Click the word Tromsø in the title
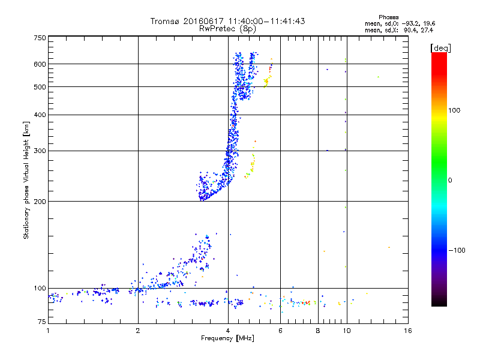[164, 21]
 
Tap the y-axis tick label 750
[40, 38]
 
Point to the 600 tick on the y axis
[40, 64]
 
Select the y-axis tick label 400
[40, 115]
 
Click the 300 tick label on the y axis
[40, 151]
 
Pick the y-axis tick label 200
[40, 202]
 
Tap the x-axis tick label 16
[408, 331]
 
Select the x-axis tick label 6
[281, 331]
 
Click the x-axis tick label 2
[138, 331]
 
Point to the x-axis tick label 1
[48, 331]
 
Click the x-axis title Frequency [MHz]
[227, 338]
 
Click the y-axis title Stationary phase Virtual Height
[26, 180]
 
